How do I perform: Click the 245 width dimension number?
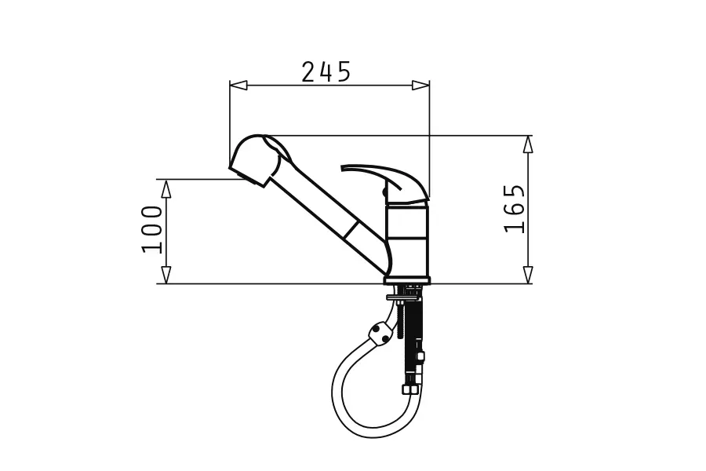click(326, 71)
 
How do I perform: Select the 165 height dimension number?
click(514, 209)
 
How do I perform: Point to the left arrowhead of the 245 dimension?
click(238, 86)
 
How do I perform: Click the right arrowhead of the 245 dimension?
click(420, 86)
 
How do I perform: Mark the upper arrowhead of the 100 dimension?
click(166, 189)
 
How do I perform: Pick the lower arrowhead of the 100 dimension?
click(166, 275)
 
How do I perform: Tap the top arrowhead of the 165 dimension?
click(528, 144)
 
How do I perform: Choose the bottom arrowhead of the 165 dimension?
click(528, 275)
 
